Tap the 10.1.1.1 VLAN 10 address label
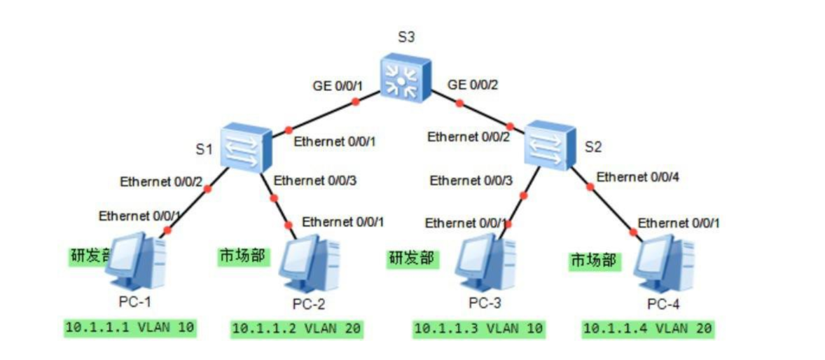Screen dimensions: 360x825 click(x=130, y=326)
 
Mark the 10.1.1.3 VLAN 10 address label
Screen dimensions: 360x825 click(x=478, y=328)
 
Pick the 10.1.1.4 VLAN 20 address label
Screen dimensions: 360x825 click(x=646, y=328)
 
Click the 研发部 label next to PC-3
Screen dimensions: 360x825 click(x=412, y=258)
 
